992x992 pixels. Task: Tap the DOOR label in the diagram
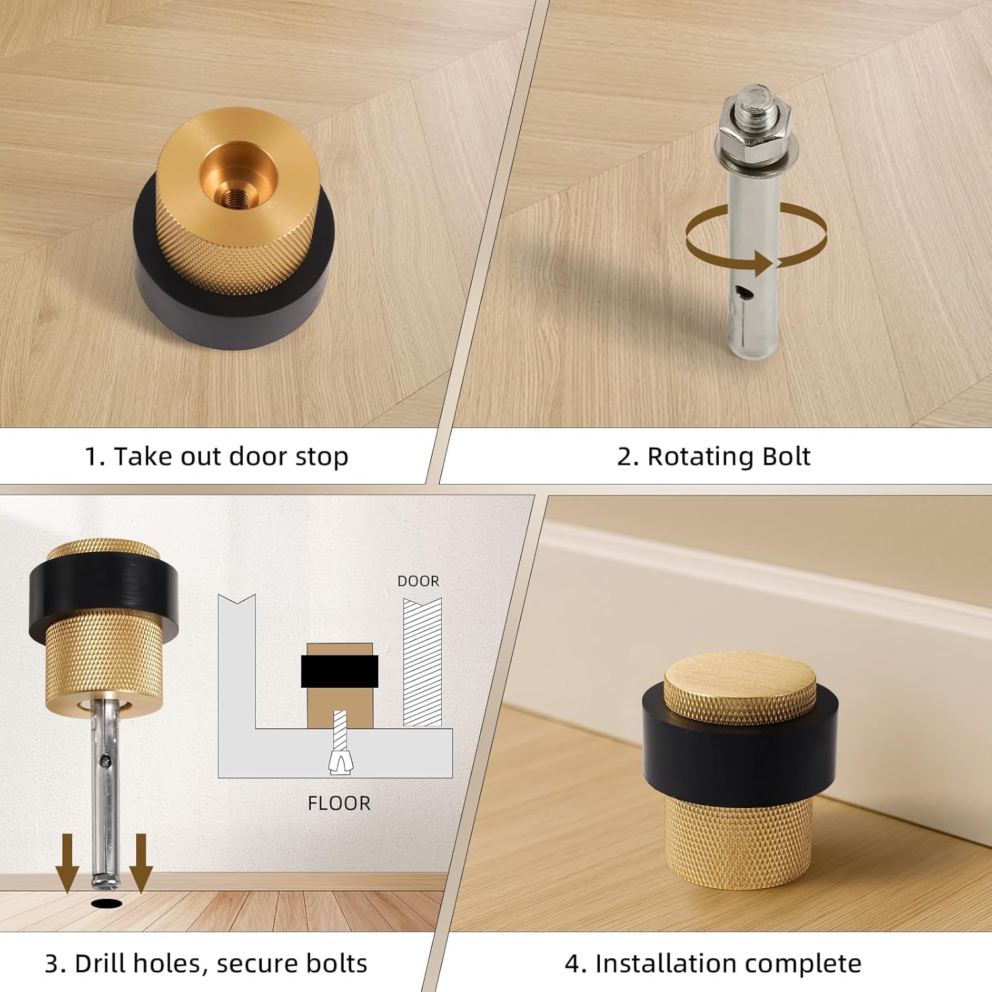tap(418, 581)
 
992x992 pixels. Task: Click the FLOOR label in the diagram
tap(339, 803)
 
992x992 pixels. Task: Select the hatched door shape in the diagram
tap(423, 661)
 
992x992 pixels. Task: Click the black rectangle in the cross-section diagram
tap(339, 671)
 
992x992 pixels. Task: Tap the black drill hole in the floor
tap(107, 903)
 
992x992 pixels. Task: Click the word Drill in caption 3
tap(99, 964)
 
